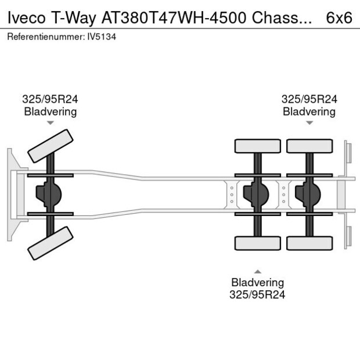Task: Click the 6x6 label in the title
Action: (339, 17)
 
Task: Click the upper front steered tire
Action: (51, 146)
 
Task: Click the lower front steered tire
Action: (51, 243)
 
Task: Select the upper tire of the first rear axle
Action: (257, 146)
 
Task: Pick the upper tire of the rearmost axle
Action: (309, 146)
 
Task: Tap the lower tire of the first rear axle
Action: (257, 243)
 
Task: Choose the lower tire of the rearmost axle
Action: (309, 243)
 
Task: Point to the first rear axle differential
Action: (255, 195)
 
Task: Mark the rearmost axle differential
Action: (307, 195)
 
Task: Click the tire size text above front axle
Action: (50, 99)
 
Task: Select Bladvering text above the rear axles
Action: (309, 111)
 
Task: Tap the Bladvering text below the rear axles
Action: (257, 283)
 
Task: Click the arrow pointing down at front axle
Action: (50, 123)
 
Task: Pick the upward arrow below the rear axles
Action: (257, 271)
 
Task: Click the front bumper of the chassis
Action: (11, 195)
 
